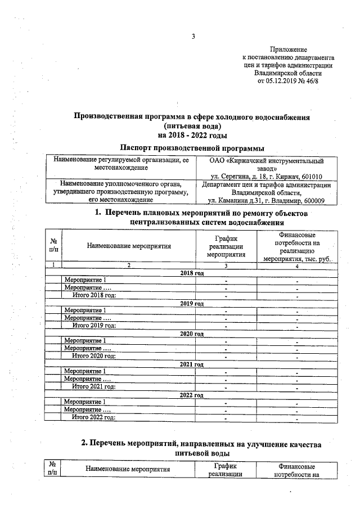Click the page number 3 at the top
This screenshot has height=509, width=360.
point(192,37)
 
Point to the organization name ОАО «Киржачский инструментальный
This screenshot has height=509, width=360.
point(267,160)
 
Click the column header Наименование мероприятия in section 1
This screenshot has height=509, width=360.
point(129,245)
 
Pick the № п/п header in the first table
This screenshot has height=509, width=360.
point(53,245)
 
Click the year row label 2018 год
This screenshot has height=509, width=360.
point(192,273)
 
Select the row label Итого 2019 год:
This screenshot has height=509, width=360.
point(94,325)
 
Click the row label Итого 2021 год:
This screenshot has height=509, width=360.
point(94,386)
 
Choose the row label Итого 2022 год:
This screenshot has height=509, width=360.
point(94,417)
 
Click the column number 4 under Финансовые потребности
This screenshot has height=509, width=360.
point(296,265)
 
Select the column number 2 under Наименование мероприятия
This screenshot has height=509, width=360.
point(128,265)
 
